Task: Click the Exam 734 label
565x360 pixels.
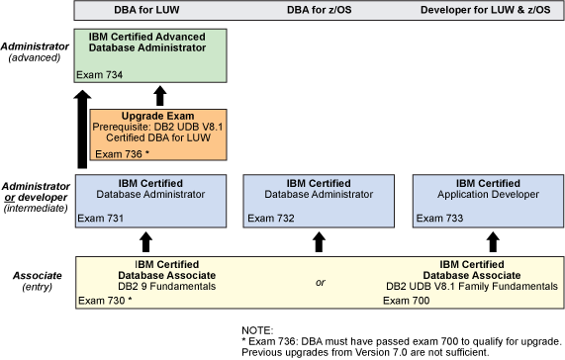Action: [x=99, y=74]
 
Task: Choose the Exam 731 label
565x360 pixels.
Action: [x=100, y=218]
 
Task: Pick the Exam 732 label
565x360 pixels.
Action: [x=266, y=218]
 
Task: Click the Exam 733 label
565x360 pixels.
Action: [x=434, y=218]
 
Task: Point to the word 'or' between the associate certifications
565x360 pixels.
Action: [x=320, y=284]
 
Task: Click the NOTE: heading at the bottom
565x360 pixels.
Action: [x=258, y=329]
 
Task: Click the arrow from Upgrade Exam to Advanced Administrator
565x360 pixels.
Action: [x=159, y=96]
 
